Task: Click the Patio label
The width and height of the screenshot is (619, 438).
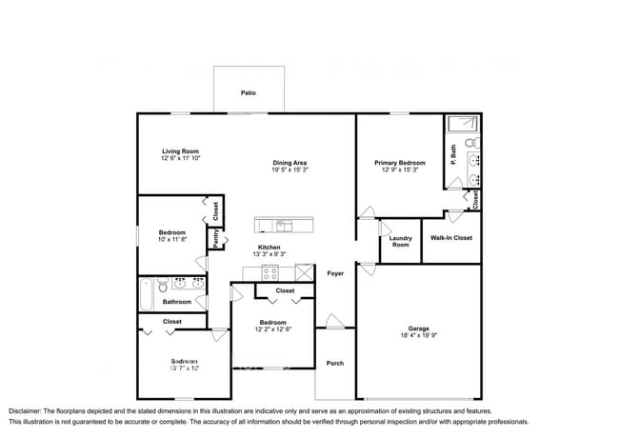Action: [x=248, y=93]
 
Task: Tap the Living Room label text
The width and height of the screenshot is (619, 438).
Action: [x=180, y=151]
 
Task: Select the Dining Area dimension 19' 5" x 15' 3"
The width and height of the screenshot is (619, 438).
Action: [x=290, y=169]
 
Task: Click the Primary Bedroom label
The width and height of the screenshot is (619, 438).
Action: [x=399, y=163]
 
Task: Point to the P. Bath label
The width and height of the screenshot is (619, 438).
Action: [x=454, y=149]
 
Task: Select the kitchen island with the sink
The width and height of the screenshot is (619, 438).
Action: [x=284, y=226]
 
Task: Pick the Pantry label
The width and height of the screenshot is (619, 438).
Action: [x=215, y=239]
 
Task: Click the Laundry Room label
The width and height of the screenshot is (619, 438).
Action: [x=400, y=242]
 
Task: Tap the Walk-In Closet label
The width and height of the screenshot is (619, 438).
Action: [x=450, y=238]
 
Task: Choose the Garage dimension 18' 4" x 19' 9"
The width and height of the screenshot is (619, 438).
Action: [x=418, y=335]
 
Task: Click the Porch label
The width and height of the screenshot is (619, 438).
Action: [x=335, y=363]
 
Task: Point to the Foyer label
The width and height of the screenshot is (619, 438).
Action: [x=335, y=273]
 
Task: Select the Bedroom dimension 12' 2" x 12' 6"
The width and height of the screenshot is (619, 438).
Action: [x=274, y=329]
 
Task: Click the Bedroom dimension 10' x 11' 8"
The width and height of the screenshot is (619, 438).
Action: [x=172, y=239]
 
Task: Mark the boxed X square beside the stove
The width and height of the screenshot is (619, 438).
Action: [x=305, y=272]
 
